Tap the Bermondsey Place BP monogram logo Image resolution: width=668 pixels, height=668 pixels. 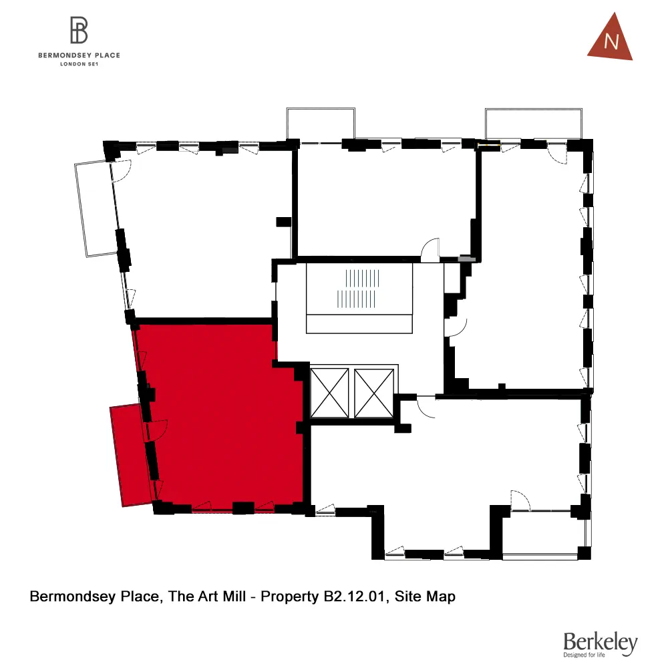click(x=79, y=30)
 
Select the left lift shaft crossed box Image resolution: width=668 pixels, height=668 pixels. click(x=330, y=393)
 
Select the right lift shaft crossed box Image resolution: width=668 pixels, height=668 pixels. click(x=375, y=393)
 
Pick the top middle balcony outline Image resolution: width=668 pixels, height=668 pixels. click(x=321, y=123)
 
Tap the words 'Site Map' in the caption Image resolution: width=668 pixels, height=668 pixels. click(x=426, y=597)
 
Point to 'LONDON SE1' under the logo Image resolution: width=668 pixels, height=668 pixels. click(x=79, y=64)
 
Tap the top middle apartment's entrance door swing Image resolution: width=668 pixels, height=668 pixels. click(x=430, y=248)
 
